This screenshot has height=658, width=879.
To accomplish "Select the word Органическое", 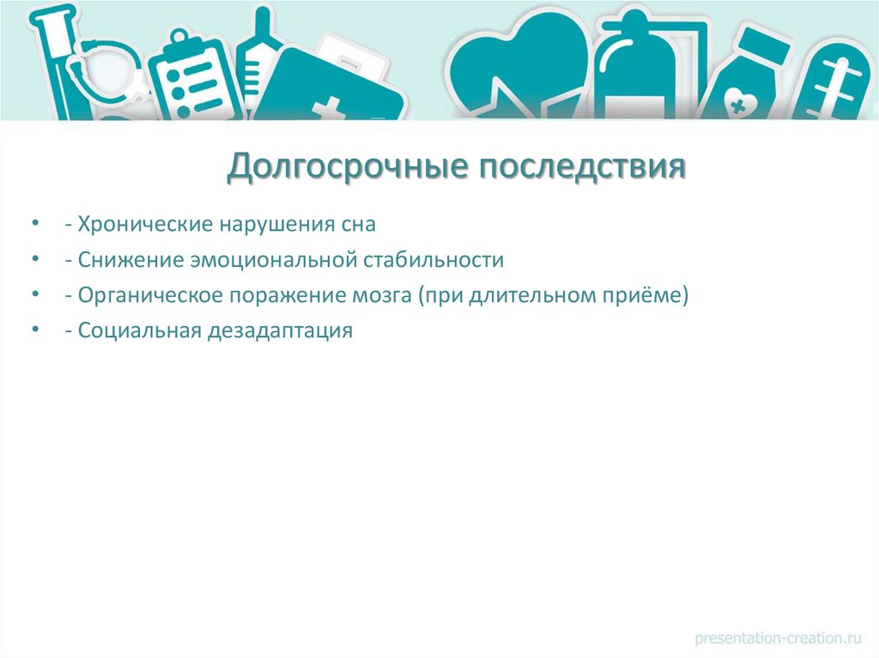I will coord(147,296).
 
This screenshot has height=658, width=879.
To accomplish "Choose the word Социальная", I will coord(138,331).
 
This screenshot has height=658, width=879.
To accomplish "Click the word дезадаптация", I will coord(279,331).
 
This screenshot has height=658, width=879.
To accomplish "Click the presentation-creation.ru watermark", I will coord(778,637).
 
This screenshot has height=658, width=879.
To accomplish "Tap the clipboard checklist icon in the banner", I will coord(194,73).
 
